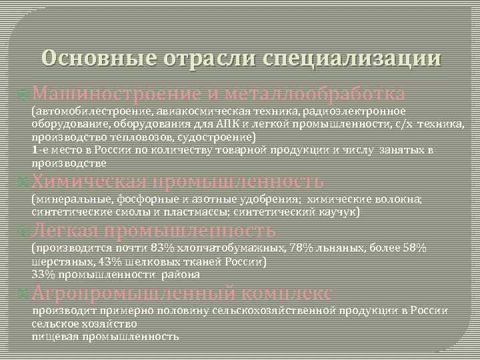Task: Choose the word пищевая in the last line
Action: tap(55, 337)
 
